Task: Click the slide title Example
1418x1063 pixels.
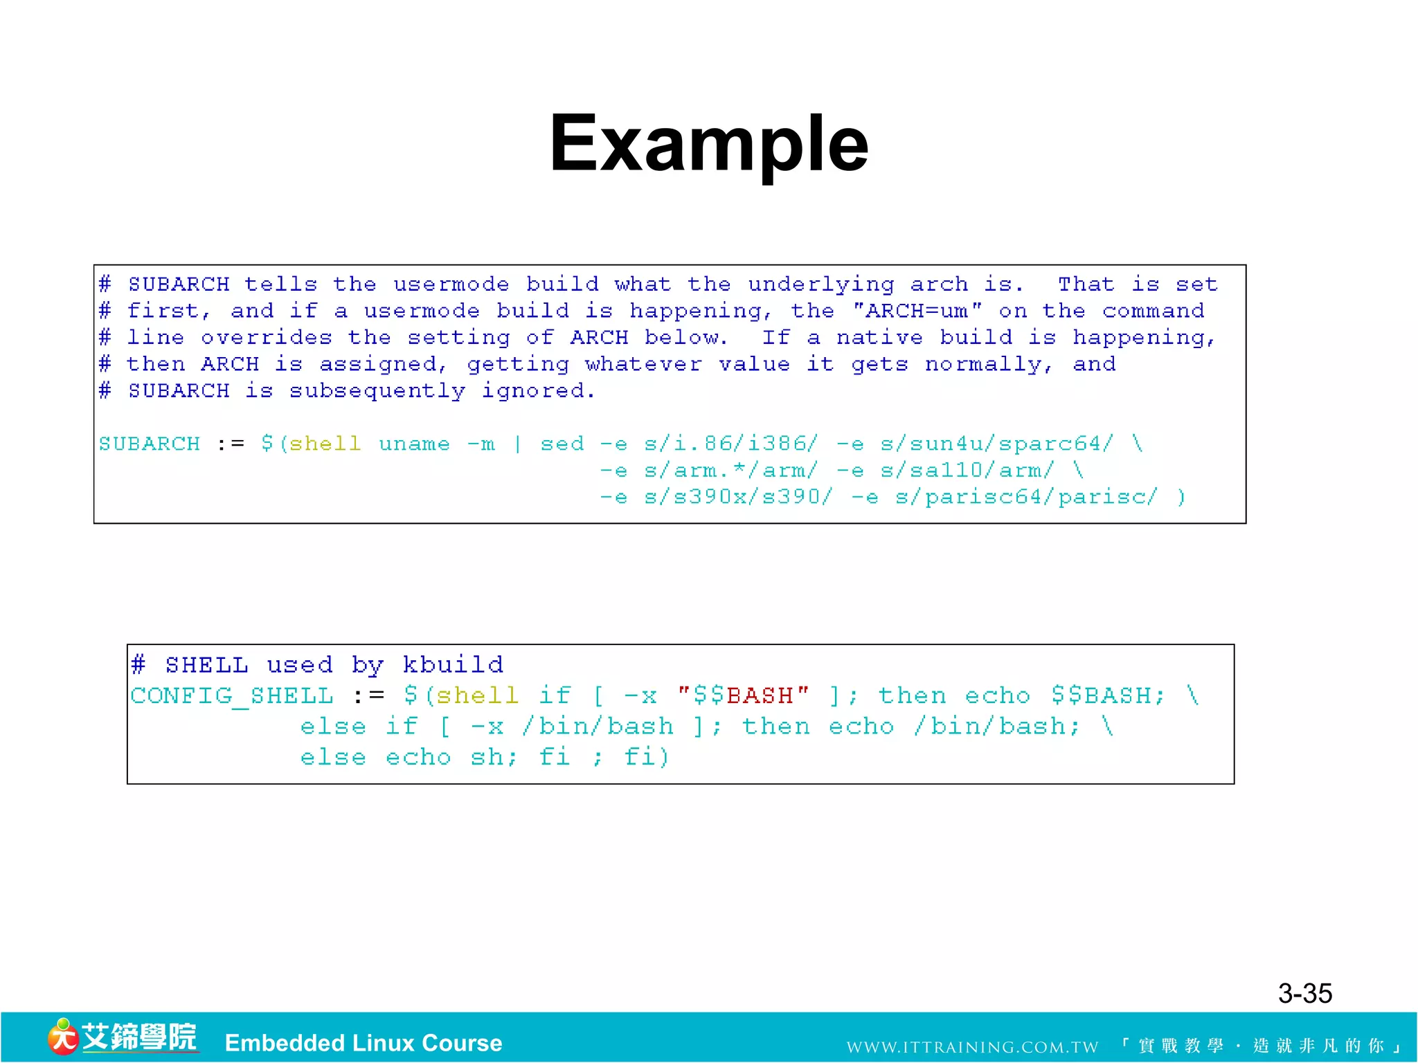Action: (708, 143)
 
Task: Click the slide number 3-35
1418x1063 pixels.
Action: (1304, 993)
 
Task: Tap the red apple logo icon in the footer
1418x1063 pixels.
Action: (62, 1037)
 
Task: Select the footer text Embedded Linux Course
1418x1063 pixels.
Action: (364, 1043)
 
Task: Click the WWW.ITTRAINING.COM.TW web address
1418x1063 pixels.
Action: (972, 1047)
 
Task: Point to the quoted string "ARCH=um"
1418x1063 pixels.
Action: (917, 311)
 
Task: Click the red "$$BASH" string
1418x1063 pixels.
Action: (743, 695)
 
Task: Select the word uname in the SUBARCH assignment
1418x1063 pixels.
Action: (414, 444)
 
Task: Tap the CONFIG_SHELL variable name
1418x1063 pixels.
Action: (232, 695)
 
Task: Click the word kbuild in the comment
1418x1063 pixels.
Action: (453, 664)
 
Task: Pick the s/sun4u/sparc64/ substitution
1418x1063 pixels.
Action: (997, 444)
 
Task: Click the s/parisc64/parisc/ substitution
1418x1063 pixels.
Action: (1025, 497)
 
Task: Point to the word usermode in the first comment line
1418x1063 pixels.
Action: (451, 284)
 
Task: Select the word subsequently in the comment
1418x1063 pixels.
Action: (377, 391)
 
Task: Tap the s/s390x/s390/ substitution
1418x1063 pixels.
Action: (738, 497)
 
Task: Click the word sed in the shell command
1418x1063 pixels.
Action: (562, 444)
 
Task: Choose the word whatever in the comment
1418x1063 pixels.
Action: (643, 364)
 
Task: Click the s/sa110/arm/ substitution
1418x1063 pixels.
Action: (967, 471)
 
